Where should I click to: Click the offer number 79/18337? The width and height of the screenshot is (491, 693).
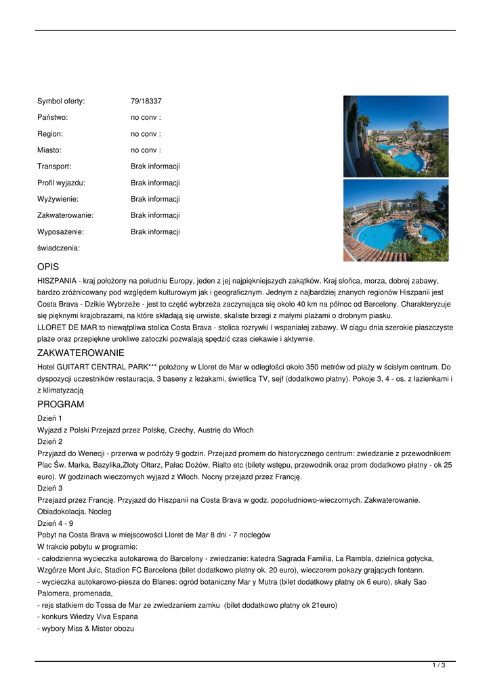[146, 102]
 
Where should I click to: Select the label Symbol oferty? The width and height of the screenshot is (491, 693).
[61, 102]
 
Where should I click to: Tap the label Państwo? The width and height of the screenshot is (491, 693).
[53, 118]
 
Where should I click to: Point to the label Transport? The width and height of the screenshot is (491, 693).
[54, 166]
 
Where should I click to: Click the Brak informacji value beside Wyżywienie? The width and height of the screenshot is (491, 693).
[155, 199]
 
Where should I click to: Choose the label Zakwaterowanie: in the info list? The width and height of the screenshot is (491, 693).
[65, 215]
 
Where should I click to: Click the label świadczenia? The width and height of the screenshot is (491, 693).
[58, 248]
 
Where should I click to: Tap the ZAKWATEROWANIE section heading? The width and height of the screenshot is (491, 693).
[81, 353]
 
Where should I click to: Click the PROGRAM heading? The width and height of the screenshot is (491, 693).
[61, 404]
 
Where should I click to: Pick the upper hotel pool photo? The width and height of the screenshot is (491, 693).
[396, 136]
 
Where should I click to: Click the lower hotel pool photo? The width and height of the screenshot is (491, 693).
[396, 220]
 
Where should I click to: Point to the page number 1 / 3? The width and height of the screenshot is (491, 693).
[439, 666]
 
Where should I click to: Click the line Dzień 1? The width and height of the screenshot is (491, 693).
[49, 418]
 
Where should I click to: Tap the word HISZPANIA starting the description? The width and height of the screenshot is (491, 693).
[57, 280]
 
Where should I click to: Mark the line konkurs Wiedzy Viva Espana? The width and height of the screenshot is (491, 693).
[89, 617]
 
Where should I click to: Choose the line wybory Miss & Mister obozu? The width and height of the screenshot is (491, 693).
[87, 629]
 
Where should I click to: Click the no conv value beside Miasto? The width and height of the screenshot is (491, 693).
[146, 150]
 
